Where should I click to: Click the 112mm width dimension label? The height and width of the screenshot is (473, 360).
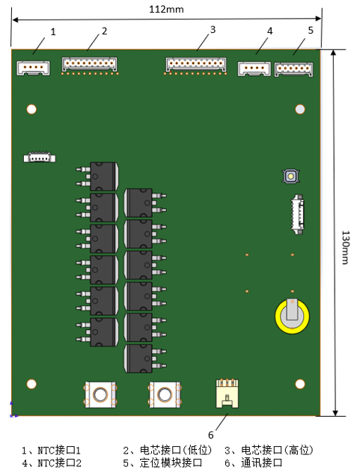click(166, 9)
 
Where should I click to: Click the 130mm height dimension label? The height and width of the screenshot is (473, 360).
click(346, 248)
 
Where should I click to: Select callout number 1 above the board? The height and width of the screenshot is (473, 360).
click(53, 31)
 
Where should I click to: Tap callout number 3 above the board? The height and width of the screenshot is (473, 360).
click(213, 30)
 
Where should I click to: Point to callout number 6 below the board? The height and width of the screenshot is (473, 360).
click(210, 435)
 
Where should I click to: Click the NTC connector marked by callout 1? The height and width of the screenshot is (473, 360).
click(33, 68)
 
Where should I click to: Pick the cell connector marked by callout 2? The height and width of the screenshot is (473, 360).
click(90, 65)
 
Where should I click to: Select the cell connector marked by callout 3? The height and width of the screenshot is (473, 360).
click(196, 66)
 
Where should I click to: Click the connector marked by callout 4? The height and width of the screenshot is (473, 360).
click(254, 69)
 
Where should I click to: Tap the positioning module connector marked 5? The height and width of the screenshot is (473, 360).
click(293, 70)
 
